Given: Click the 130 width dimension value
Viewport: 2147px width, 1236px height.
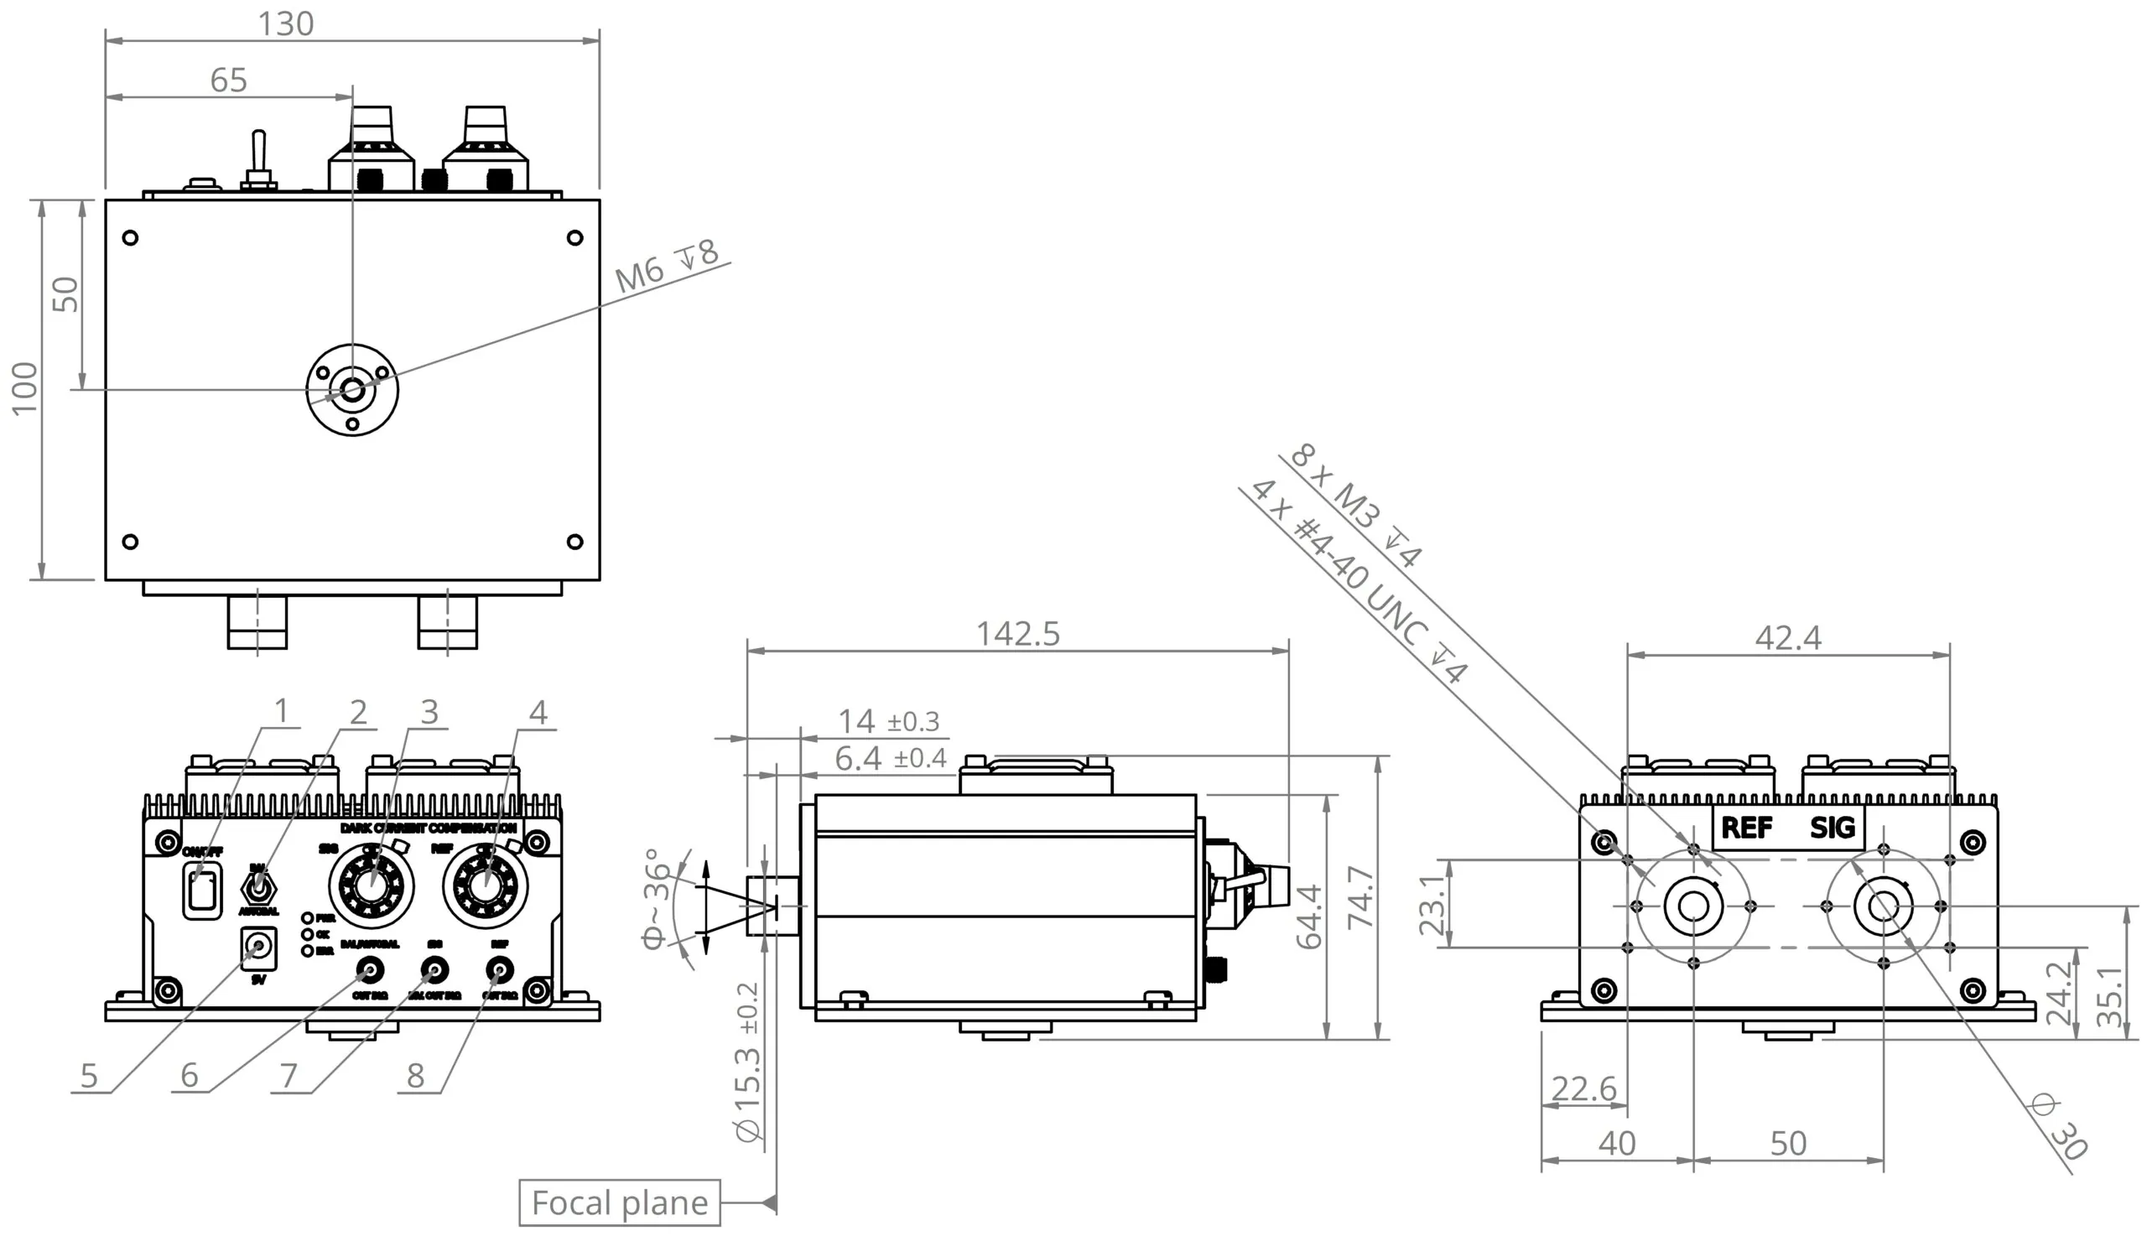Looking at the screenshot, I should (285, 23).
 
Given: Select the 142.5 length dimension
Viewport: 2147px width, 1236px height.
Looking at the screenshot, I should (1017, 634).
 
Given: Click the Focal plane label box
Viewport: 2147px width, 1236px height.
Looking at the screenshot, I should (619, 1202).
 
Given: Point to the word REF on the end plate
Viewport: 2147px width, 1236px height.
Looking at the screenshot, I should (1745, 827).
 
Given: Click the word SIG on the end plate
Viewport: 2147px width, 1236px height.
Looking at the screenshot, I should (1831, 827).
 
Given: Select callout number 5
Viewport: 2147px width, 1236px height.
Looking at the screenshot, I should (89, 1076).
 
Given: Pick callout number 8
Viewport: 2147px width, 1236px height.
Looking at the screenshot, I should (414, 1076).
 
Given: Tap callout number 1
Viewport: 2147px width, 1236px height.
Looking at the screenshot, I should (281, 710).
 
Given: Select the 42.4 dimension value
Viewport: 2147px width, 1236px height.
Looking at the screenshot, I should (1787, 637).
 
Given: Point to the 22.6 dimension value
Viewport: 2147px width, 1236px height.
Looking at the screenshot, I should (1583, 1088).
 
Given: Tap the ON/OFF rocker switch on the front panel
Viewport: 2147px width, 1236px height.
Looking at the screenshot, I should (202, 891).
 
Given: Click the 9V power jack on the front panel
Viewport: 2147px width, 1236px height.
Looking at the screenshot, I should (258, 948).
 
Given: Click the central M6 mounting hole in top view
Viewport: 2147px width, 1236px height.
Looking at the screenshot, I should (351, 391).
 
